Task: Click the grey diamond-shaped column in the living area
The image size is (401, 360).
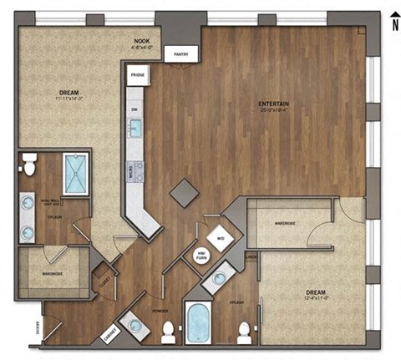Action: tap(184, 191)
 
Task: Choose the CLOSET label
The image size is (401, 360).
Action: tap(105, 280)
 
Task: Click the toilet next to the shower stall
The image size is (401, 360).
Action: tap(30, 168)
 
